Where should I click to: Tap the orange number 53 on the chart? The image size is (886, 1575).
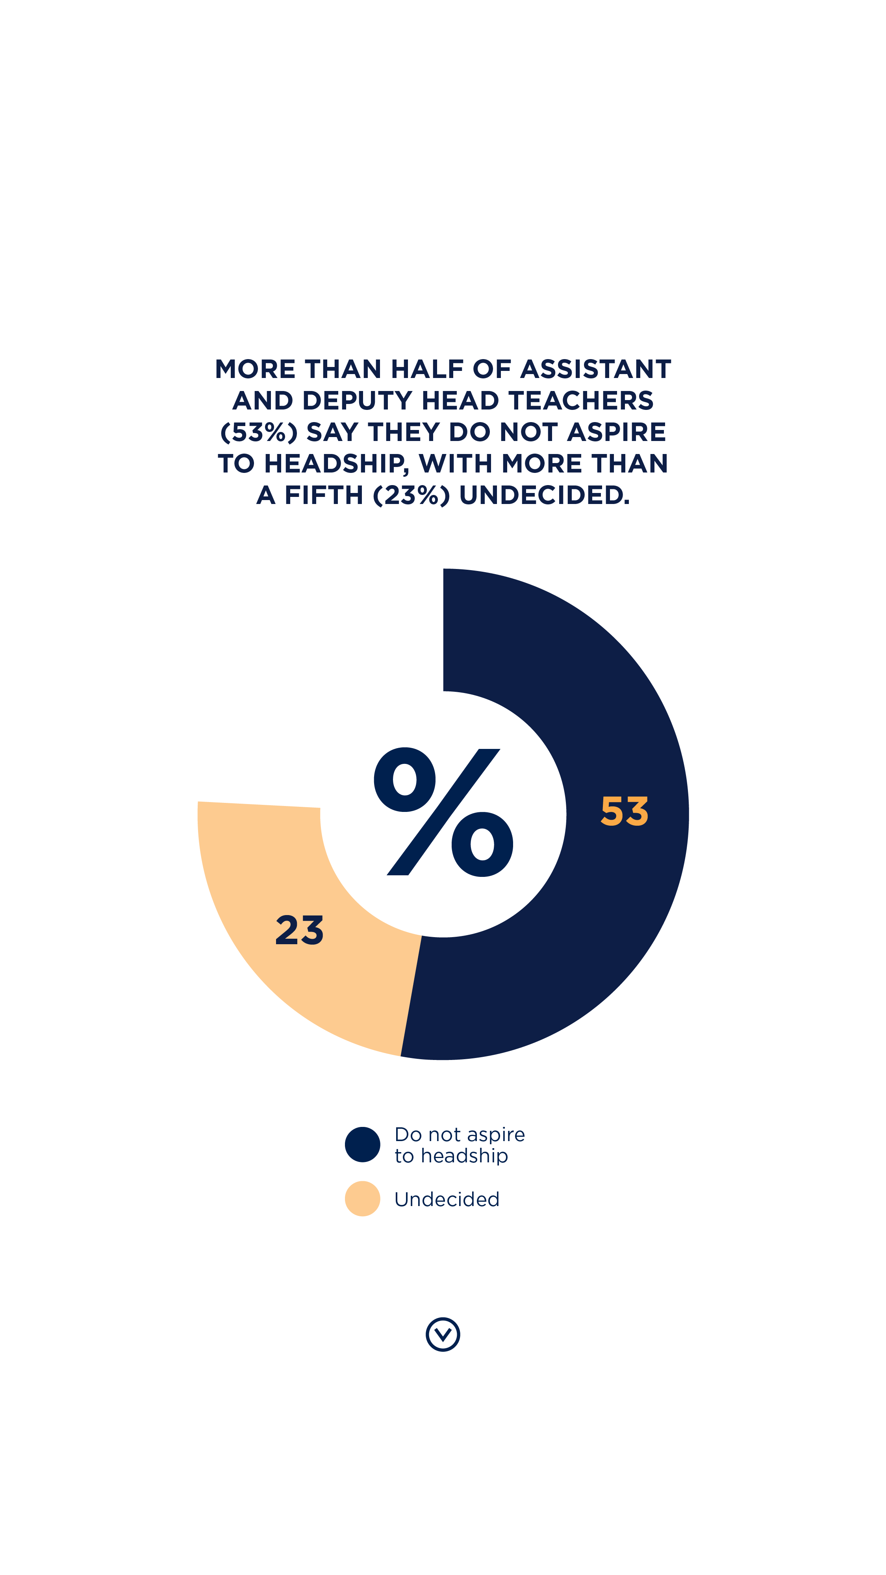point(624,812)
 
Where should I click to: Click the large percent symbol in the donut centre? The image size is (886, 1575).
point(443,812)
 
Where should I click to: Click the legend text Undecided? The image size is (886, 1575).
point(447,1199)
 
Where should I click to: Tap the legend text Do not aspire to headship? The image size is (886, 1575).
point(459,1145)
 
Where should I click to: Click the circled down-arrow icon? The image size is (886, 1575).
point(443,1334)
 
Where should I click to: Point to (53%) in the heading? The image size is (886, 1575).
point(259,432)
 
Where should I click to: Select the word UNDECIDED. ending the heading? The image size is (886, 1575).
point(544,495)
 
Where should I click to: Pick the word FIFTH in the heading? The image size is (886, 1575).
point(324,495)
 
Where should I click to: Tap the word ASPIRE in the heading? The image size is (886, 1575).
point(616,432)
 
